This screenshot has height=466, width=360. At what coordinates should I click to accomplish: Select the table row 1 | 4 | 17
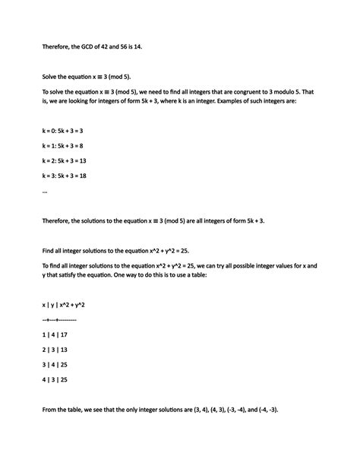[x=55, y=334]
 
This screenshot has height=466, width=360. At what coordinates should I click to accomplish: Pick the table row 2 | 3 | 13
[x=55, y=350]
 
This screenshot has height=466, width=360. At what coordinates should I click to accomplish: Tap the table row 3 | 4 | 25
[x=55, y=365]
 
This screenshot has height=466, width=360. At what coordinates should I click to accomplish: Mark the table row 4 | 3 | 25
[x=55, y=379]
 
